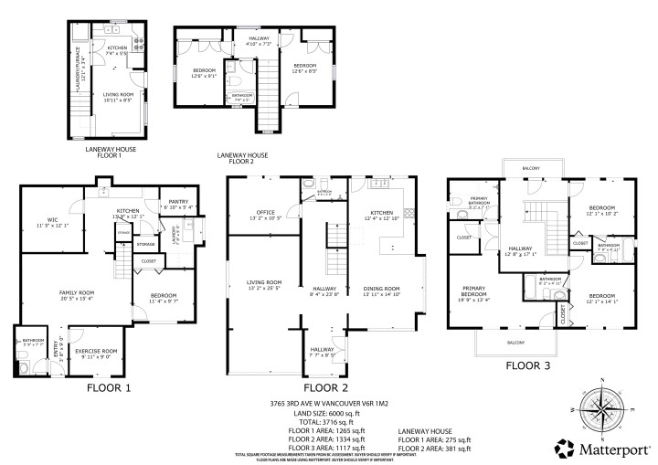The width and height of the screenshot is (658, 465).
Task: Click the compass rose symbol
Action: click(600, 407)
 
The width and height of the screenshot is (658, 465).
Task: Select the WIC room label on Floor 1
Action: click(46, 221)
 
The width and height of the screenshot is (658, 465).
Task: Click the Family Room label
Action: click(78, 294)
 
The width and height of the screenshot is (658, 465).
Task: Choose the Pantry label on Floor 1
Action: click(177, 205)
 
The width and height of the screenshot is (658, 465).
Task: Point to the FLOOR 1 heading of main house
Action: click(109, 387)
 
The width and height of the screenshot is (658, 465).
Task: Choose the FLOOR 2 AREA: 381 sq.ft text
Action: click(435, 449)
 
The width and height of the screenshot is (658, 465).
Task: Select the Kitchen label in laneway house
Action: click(117, 49)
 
